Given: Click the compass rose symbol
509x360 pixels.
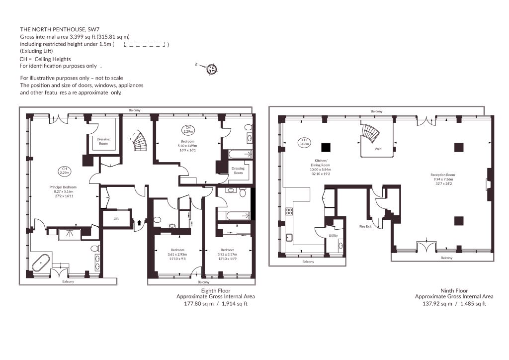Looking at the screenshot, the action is [x=212, y=69].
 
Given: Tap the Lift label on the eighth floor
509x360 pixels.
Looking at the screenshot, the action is [x=116, y=218].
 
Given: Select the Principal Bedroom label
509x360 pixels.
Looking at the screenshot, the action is [x=63, y=187].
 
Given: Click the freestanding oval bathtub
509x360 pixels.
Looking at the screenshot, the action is [x=41, y=263].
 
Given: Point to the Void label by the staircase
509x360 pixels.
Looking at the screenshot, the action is [x=378, y=149].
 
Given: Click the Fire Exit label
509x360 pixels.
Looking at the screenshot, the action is [x=365, y=226].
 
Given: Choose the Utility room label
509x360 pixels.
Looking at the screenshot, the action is [x=333, y=235].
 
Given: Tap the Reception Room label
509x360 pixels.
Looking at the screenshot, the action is [x=443, y=175].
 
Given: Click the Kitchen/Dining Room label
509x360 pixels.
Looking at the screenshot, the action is [x=321, y=163].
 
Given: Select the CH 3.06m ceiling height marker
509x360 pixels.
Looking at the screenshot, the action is [x=304, y=142].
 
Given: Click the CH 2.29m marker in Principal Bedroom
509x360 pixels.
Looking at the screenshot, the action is [x=65, y=171].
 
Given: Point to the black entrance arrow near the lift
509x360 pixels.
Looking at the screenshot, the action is [x=139, y=223].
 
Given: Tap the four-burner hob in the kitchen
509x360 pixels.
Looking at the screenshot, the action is [x=289, y=212].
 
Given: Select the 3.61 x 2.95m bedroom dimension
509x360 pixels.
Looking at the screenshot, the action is [x=177, y=254].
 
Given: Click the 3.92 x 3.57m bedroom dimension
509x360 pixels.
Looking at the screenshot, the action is [x=227, y=254].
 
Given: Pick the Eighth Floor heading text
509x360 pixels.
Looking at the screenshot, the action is [x=216, y=290].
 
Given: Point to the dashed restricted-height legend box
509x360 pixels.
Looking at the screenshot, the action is [x=145, y=44].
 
